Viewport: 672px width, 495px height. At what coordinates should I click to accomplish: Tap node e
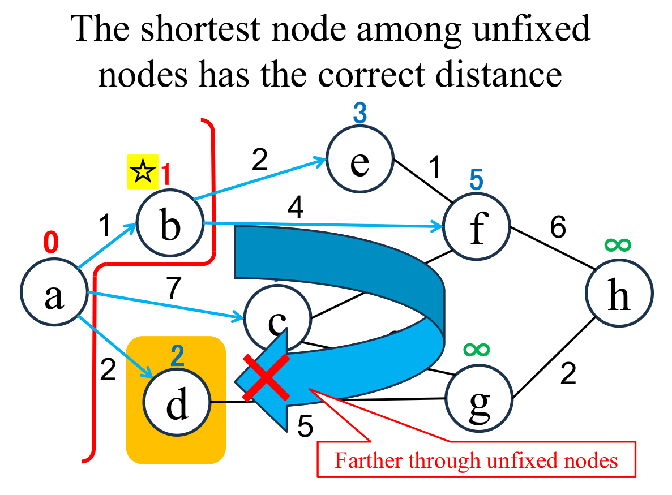pos(359,162)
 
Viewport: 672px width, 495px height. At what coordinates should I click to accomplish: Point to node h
pos(618,295)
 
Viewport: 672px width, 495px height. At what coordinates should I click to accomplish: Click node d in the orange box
pos(176,403)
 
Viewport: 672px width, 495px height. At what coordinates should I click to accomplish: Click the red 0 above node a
pos(51,243)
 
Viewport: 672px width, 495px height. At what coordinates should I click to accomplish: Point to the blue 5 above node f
pos(477,180)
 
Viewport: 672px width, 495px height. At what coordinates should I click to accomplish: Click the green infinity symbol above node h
pos(618,244)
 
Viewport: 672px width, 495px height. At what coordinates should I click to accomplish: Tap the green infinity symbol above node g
pos(477,349)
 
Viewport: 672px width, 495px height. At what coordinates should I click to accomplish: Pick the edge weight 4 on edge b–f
pos(296,210)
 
